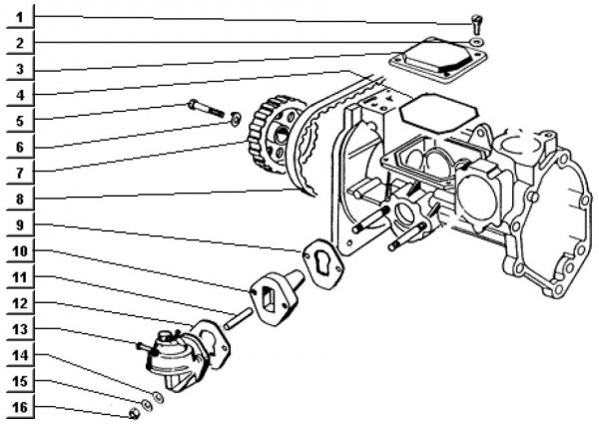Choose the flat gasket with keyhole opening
tap(325, 256)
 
